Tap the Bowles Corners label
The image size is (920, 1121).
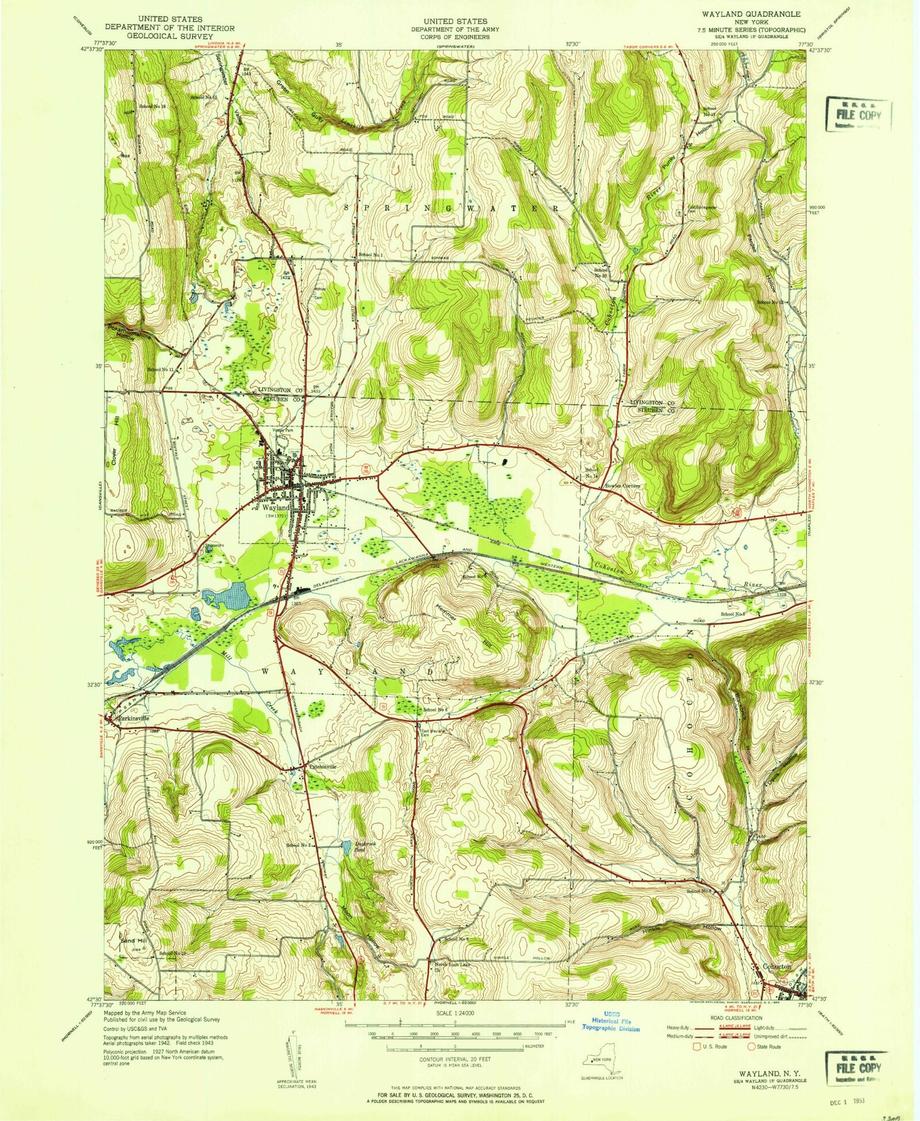click(622, 485)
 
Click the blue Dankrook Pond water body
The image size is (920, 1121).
click(346, 847)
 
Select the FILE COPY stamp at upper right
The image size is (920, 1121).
click(860, 114)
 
